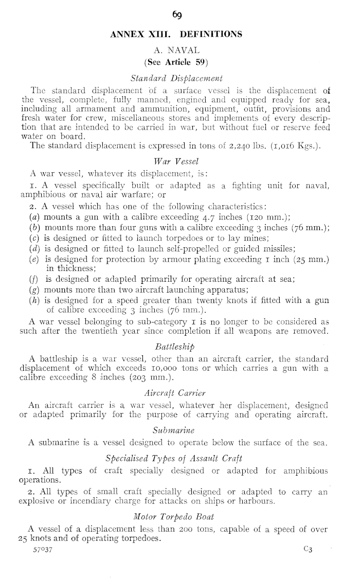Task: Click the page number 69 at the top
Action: click(179, 15)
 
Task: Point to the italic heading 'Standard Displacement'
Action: click(176, 79)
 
